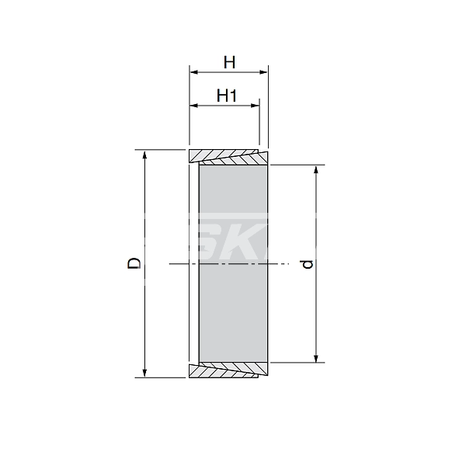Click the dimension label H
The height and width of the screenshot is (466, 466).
pos(229,61)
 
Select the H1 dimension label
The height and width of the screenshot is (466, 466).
pos(226,96)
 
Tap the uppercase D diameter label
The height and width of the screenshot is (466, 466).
pos(134,263)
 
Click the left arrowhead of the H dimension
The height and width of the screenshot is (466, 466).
pos(194,72)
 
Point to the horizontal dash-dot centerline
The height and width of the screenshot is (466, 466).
pos(179,264)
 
